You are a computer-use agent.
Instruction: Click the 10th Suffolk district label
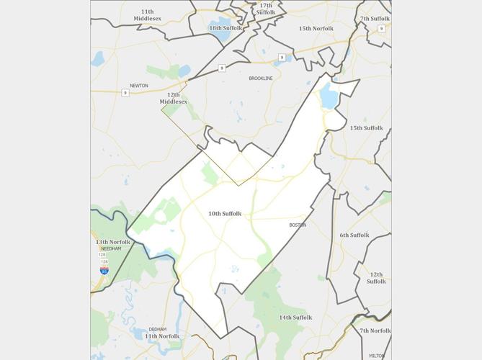225,214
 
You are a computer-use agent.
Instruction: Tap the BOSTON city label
298,225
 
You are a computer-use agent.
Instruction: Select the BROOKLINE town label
261,78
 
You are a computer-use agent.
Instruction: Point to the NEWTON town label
139,86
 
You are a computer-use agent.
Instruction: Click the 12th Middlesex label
173,98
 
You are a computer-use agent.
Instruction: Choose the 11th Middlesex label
147,15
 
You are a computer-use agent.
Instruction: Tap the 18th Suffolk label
226,28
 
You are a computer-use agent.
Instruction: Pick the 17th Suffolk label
266,9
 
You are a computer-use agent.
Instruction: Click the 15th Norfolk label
316,28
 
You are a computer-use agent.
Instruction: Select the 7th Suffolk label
375,19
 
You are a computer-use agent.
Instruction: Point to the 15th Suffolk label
366,128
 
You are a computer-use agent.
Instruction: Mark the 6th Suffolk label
354,235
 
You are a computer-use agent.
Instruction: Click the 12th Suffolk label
376,278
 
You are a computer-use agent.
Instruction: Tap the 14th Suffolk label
295,318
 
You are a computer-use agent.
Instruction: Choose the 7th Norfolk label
375,330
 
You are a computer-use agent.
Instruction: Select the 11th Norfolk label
161,336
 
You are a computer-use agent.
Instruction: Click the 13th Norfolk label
113,242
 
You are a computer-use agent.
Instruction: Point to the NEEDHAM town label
112,248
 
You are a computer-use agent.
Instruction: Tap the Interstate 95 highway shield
104,270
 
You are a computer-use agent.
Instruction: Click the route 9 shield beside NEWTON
125,93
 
